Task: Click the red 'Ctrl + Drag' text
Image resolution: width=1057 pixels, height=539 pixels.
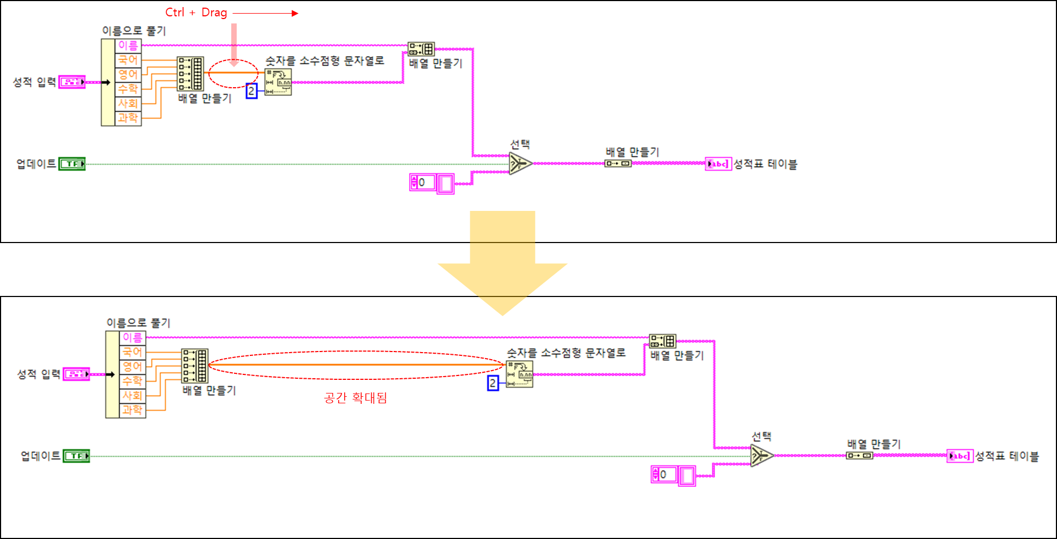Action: [x=196, y=13]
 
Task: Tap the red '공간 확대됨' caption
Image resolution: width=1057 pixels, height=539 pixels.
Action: [x=355, y=398]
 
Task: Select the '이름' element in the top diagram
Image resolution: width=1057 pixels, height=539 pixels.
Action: [x=128, y=46]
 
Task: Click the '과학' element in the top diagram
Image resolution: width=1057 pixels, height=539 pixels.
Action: [x=128, y=118]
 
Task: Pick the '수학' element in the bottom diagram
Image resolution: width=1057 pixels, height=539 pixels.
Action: [x=133, y=380]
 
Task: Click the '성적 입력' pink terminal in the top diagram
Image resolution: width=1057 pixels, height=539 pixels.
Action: [x=72, y=82]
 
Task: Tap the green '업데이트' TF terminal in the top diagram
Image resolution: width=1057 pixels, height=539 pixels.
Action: [x=72, y=163]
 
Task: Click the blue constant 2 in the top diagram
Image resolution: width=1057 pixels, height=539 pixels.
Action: [x=251, y=91]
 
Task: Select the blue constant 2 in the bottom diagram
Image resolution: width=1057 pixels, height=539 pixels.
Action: [x=493, y=383]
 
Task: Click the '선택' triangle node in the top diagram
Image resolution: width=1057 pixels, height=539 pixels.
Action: [x=520, y=163]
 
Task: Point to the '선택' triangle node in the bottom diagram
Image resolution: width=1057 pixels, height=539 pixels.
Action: [x=761, y=455]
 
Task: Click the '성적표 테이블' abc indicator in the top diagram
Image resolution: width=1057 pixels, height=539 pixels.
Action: [x=718, y=163]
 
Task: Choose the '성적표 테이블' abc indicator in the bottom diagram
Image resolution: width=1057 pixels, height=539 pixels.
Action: [x=960, y=456]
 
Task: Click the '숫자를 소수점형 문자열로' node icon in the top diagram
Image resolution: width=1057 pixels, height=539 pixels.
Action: [x=278, y=82]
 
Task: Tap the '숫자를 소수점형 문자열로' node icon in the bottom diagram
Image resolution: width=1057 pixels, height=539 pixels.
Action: [x=520, y=374]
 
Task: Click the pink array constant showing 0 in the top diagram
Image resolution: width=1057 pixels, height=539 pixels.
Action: [x=431, y=183]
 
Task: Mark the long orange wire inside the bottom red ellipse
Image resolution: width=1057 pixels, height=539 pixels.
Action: [x=355, y=365]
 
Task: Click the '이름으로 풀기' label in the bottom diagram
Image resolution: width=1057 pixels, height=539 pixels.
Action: [x=139, y=323]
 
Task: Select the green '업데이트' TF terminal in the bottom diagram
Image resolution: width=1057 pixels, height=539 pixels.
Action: [x=76, y=456]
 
